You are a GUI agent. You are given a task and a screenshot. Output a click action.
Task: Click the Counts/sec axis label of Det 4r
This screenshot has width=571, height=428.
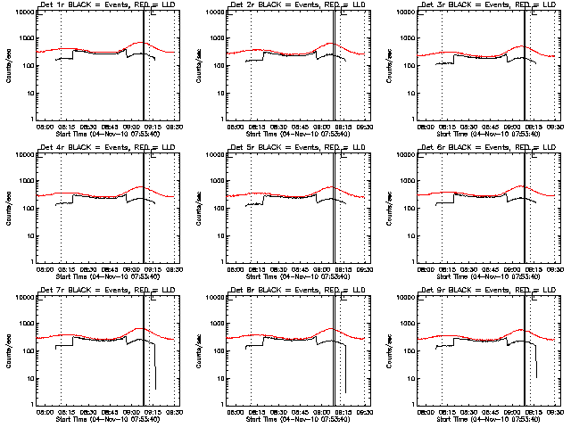tap(9, 207)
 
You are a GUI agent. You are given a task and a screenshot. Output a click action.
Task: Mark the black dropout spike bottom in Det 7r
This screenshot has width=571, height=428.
tap(155, 388)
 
